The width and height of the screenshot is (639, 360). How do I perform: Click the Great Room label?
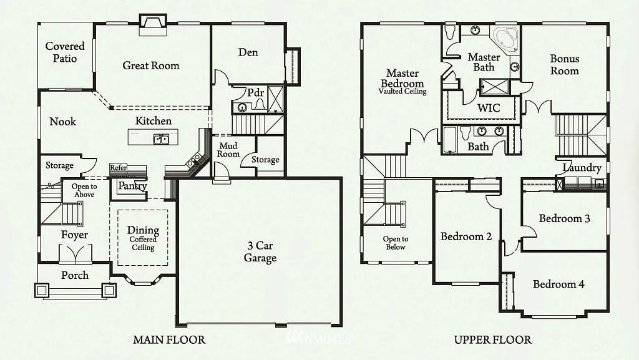(150, 66)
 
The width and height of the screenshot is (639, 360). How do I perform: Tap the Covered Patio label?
(65, 52)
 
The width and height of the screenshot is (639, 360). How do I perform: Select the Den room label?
(248, 52)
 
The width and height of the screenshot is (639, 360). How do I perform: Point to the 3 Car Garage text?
(260, 252)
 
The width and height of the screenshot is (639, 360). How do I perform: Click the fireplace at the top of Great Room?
(152, 22)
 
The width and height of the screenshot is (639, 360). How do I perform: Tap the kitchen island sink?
(162, 139)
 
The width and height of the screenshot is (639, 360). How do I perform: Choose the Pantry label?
(132, 186)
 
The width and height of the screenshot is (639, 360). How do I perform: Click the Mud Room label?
(228, 150)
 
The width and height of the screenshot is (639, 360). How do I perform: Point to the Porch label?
(74, 275)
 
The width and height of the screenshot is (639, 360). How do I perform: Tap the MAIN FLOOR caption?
(169, 340)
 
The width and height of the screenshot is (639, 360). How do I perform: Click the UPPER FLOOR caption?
(492, 340)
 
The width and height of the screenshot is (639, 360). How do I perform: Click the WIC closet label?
(489, 108)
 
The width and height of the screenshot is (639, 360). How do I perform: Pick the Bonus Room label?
(564, 65)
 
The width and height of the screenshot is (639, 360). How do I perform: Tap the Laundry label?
(582, 168)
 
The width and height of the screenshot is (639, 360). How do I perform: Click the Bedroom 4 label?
(559, 285)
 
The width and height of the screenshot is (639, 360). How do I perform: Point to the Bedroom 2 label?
(466, 236)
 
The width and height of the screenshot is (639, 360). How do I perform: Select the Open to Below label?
(396, 243)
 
